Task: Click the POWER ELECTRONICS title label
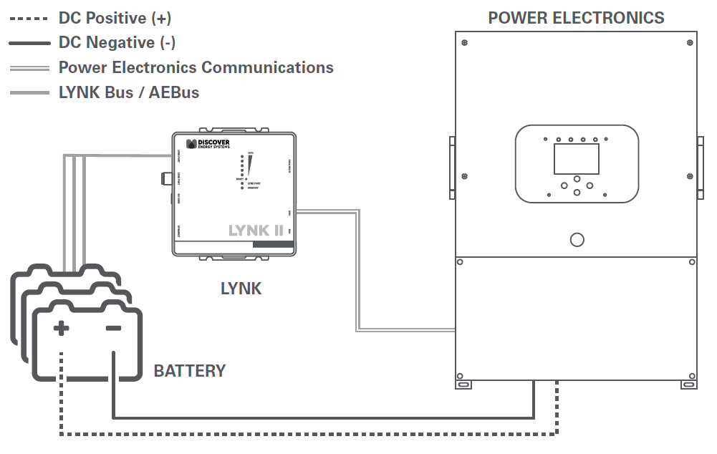click(576, 18)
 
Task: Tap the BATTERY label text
click(190, 371)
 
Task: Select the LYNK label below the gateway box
click(241, 289)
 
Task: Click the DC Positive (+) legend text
click(115, 18)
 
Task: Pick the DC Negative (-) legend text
click(117, 43)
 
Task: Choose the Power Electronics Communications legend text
click(196, 67)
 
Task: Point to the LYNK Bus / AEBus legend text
click(129, 92)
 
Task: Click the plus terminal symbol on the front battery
click(62, 329)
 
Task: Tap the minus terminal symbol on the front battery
click(113, 329)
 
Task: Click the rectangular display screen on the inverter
click(577, 158)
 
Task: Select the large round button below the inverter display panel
click(577, 240)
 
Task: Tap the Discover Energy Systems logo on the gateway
click(208, 144)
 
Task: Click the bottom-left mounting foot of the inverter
click(464, 385)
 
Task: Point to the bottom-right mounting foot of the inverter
click(689, 385)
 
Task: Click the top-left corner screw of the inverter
click(466, 42)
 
